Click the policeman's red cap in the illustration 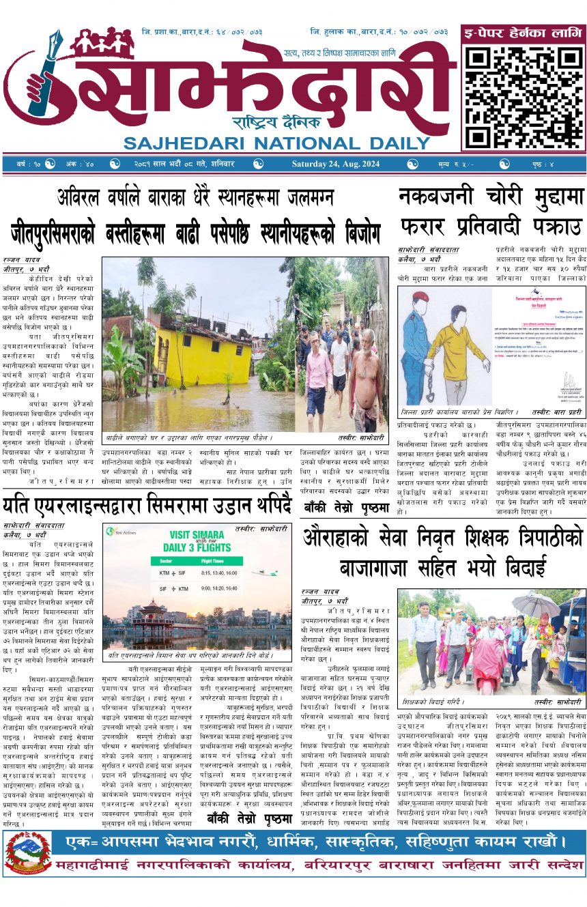(422, 298)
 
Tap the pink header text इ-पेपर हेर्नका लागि (523, 33)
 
